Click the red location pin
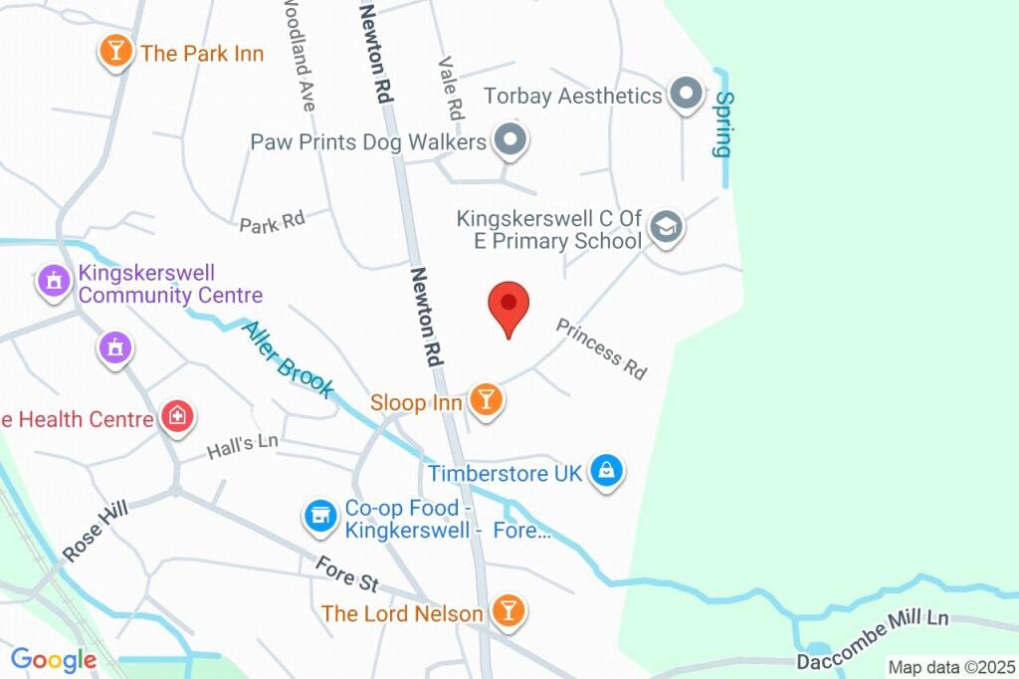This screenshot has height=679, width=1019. pyautogui.click(x=509, y=305)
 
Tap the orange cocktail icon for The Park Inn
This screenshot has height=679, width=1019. pyautogui.click(x=115, y=51)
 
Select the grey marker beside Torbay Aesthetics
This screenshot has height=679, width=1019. pyautogui.click(x=685, y=96)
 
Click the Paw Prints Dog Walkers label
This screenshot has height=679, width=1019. pyautogui.click(x=368, y=142)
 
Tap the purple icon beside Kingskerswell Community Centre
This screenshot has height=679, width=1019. pyautogui.click(x=53, y=282)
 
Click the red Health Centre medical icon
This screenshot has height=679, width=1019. pyautogui.click(x=178, y=417)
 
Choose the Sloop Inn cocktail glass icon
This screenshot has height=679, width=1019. pyautogui.click(x=486, y=401)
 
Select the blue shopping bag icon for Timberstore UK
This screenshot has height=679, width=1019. pyautogui.click(x=605, y=472)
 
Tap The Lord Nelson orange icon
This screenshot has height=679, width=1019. pyautogui.click(x=508, y=611)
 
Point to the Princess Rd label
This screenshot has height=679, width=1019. pyautogui.click(x=601, y=348)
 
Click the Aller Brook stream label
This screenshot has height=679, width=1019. pyautogui.click(x=288, y=360)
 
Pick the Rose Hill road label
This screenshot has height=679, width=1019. pyautogui.click(x=98, y=531)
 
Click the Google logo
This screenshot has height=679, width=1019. pyautogui.click(x=54, y=659)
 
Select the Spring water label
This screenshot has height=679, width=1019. pyautogui.click(x=723, y=124)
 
